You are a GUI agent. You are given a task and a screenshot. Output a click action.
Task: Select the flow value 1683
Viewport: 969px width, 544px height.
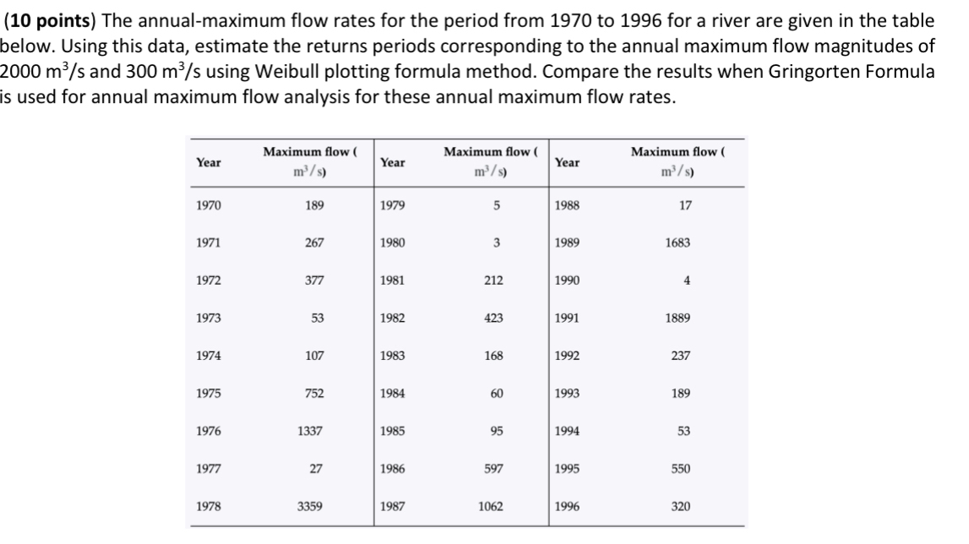pyautogui.click(x=678, y=242)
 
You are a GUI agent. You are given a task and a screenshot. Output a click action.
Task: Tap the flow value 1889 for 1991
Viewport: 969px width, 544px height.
pyautogui.click(x=678, y=318)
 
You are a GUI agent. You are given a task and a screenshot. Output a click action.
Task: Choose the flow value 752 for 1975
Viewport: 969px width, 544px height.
pyautogui.click(x=313, y=394)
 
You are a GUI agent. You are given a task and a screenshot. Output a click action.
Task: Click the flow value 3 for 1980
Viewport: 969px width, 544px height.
pyautogui.click(x=498, y=242)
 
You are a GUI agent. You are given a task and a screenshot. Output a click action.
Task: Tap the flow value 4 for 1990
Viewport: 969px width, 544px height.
pyautogui.click(x=688, y=280)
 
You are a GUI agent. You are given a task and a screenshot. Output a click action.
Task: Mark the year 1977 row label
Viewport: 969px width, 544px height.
pyautogui.click(x=207, y=469)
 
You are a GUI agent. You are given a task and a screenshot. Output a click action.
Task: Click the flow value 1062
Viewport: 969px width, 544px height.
pyautogui.click(x=491, y=506)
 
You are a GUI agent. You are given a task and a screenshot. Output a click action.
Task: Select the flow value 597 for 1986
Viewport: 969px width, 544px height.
pyautogui.click(x=494, y=469)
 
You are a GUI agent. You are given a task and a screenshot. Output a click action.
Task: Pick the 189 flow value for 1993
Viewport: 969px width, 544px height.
pyautogui.click(x=681, y=394)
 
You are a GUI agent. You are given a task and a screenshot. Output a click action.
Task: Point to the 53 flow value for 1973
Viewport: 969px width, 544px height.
pyautogui.click(x=316, y=318)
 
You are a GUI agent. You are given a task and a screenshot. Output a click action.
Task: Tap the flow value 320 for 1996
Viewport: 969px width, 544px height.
pyautogui.click(x=681, y=506)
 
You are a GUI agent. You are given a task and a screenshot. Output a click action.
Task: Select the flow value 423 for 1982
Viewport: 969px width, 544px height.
pyautogui.click(x=494, y=318)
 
